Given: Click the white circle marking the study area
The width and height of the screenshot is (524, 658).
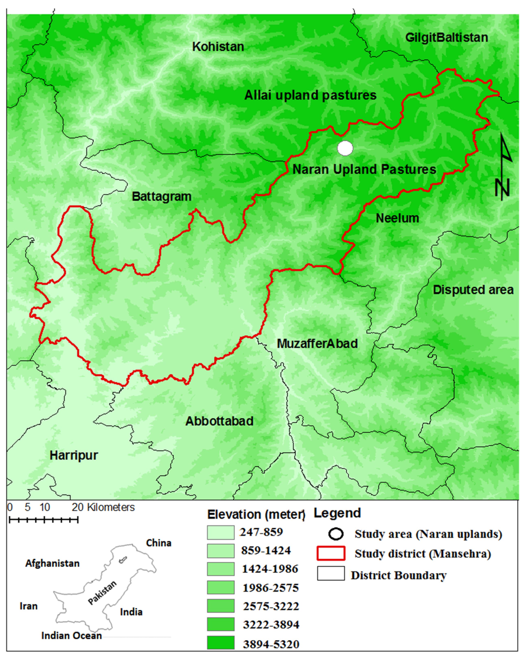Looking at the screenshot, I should click(345, 148).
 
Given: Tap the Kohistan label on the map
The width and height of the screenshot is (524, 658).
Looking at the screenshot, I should click(218, 47).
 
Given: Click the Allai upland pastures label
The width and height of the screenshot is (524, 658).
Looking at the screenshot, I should click(310, 95).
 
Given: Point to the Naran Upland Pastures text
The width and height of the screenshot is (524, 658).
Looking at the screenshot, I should click(364, 169).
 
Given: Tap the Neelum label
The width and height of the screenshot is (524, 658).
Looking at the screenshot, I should click(397, 218).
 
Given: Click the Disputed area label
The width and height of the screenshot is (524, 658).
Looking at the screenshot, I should click(473, 290).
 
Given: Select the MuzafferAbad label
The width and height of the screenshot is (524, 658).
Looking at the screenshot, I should click(317, 344).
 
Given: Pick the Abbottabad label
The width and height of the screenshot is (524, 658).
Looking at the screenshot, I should click(219, 421).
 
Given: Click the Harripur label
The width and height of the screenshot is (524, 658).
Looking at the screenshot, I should click(74, 455).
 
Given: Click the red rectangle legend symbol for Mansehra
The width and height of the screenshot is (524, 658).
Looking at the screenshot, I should click(331, 553).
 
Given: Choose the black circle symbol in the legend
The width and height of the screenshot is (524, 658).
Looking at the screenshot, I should click(336, 534).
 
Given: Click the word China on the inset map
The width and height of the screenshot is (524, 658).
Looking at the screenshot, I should click(158, 543).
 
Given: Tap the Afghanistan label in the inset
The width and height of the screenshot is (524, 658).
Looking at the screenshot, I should click(52, 563).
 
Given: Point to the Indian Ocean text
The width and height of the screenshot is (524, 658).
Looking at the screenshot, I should click(71, 635).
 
